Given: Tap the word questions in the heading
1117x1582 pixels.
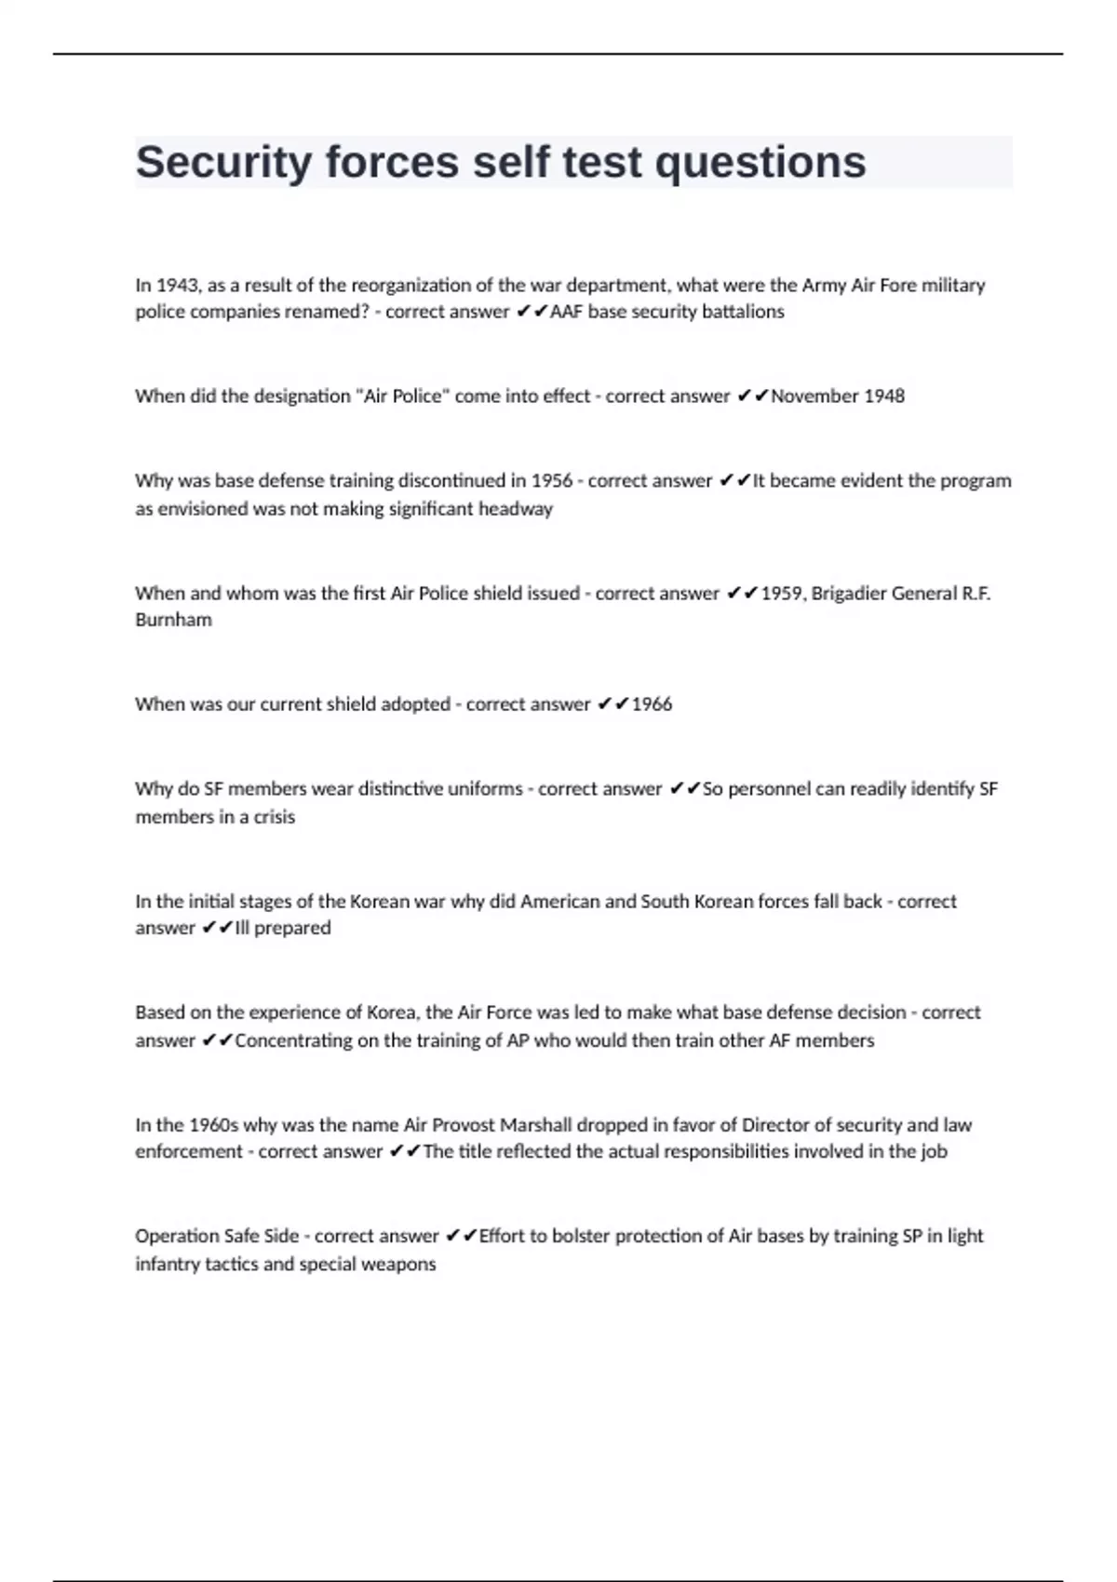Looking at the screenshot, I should tap(760, 163).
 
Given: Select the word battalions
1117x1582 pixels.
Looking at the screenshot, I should tap(743, 312).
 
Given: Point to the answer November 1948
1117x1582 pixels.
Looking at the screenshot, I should tap(838, 396).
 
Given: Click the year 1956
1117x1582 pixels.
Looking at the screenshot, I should tap(552, 481).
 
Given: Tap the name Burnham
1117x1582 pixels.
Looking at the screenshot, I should tap(173, 620).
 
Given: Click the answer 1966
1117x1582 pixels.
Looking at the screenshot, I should tap(652, 704).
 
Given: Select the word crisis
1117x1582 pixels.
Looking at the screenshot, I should tap(274, 817).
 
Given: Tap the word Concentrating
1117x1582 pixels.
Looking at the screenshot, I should tap(293, 1040).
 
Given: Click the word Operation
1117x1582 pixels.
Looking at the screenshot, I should tap(178, 1237).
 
